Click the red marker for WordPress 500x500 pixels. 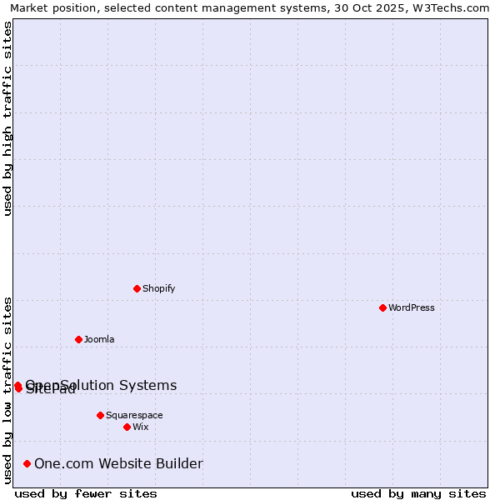382,307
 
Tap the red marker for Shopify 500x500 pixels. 137,288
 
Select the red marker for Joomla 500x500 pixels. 78,339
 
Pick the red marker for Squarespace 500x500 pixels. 100,415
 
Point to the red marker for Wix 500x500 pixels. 127,427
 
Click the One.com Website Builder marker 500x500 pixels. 27,463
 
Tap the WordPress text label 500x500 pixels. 412,307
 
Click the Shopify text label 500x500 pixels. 158,288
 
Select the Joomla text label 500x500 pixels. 99,339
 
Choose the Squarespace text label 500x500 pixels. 134,415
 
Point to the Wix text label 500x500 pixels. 141,427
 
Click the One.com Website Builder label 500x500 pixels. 118,463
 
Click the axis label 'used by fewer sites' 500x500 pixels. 86,493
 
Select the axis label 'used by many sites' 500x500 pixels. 418,493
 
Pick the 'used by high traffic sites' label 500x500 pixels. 7,118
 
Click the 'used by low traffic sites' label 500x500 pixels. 7,390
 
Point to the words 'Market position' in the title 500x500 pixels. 50,7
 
